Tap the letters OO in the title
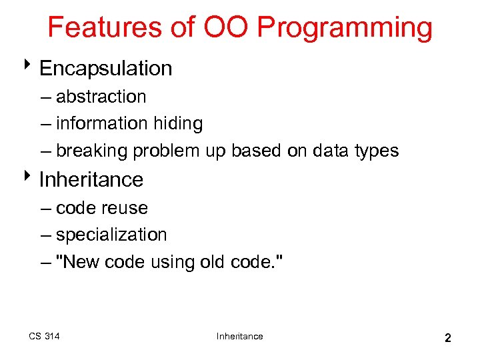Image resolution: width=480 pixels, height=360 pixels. pyautogui.click(x=226, y=28)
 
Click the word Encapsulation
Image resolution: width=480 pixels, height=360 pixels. pyautogui.click(x=105, y=69)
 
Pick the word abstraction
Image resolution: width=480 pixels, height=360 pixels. pyautogui.click(x=101, y=97)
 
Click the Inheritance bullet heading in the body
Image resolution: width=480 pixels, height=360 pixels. pyautogui.click(x=91, y=180)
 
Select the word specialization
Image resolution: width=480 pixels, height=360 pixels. pyautogui.click(x=111, y=235)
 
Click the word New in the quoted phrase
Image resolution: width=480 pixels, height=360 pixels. pyautogui.click(x=81, y=263)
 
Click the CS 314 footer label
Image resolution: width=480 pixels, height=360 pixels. pyautogui.click(x=44, y=336)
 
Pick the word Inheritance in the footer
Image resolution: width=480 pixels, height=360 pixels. pyautogui.click(x=239, y=336)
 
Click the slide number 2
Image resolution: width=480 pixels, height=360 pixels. pyautogui.click(x=448, y=338)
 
